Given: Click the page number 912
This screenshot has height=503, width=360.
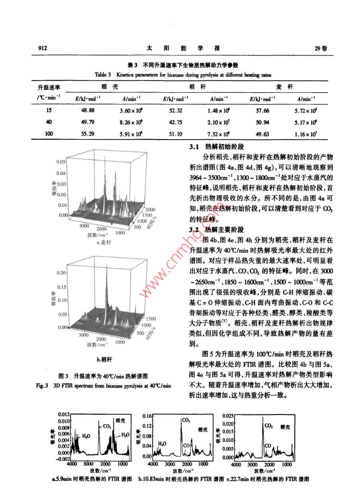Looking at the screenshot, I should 43,48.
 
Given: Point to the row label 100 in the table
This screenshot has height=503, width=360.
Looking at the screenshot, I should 49,134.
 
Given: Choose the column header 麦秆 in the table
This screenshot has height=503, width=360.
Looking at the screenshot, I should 282,86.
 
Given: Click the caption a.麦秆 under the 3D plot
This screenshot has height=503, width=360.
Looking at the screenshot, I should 104,242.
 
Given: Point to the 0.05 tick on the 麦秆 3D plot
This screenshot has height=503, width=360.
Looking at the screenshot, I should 60,162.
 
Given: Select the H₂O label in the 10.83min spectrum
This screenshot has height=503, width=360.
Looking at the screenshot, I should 162,443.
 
